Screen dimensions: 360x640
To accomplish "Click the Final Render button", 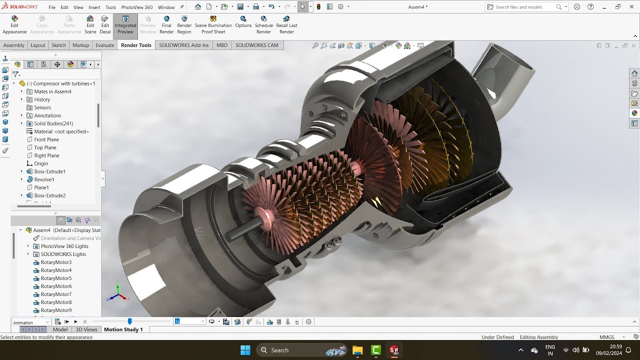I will coord(166,25).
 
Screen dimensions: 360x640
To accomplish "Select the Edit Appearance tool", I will coord(14,25).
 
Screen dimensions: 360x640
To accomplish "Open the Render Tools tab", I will coord(136,45).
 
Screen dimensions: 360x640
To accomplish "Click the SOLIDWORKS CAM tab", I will coord(256,45).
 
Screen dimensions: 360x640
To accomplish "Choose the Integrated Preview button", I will coord(125,25).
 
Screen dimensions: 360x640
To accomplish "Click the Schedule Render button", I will coord(263,25).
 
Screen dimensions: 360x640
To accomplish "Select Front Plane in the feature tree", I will coord(46,139).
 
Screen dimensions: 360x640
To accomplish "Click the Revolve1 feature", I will coord(44,179).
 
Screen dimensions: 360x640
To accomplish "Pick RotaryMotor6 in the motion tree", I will coord(56,286).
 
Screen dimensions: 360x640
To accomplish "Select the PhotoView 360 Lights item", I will coord(64,246).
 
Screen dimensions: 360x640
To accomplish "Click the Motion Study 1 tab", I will coord(123,329).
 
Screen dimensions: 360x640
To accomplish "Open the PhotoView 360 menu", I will coord(136,7).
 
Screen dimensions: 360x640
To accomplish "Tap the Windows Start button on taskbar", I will coord(245,350).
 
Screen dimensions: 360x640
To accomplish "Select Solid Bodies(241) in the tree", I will coord(53,123).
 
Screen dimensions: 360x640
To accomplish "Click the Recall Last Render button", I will coord(286,25).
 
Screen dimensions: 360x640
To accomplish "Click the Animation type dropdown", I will coord(31,322).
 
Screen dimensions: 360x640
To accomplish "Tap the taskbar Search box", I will coord(290,350).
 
